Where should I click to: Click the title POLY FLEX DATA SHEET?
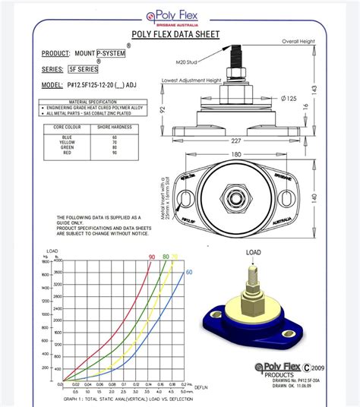[x=175, y=34]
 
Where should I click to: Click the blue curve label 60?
[x=188, y=271]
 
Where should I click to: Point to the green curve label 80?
[x=166, y=257]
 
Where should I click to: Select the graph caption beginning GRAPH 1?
[x=124, y=399]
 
